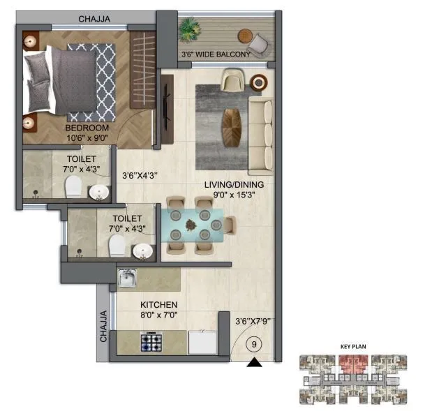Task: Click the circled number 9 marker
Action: click(254, 343)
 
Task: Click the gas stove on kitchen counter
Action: click(151, 342)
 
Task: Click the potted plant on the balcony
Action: click(189, 29)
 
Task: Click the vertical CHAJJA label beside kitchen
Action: click(103, 326)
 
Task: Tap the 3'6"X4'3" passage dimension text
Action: click(142, 176)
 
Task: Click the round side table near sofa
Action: click(260, 82)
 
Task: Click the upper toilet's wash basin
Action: click(99, 190)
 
